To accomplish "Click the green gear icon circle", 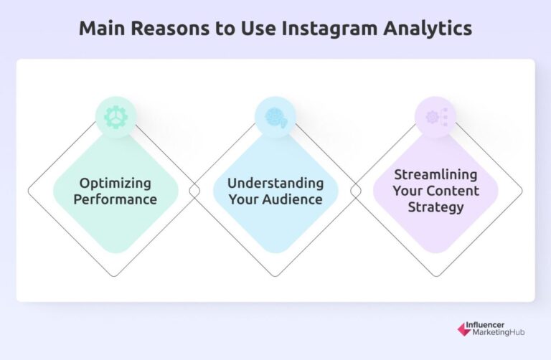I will point(116,117).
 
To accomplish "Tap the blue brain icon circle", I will point(275,117).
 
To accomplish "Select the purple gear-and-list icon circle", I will point(435,117).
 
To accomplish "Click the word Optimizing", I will point(116,183).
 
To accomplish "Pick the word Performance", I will point(116,199).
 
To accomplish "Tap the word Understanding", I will point(275,183).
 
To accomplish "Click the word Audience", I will point(292,199).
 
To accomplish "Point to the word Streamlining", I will point(435,175).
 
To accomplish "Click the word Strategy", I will point(435,207).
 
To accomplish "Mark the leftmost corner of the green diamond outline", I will point(29,191).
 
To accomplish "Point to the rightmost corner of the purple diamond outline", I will point(522,191).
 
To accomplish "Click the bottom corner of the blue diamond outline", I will point(275,276).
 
